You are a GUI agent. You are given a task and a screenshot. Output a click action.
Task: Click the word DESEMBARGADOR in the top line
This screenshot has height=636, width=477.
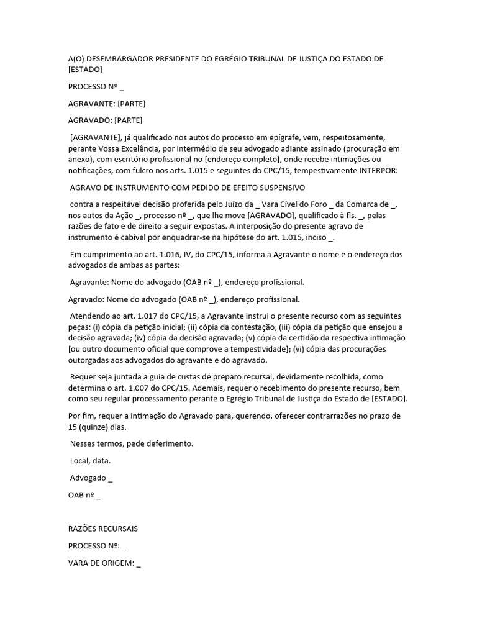tap(121, 59)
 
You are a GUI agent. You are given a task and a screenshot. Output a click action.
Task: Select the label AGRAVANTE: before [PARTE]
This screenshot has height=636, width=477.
tap(91, 103)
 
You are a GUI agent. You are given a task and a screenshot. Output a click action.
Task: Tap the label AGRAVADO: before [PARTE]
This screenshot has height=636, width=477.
tap(91, 120)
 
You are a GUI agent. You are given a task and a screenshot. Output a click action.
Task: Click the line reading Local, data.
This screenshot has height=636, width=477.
tap(91, 461)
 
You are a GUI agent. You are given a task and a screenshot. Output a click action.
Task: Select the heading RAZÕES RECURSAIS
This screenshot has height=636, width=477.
tap(103, 529)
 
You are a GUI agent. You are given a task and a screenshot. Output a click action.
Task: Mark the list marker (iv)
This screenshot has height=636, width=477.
tap(131, 338)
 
